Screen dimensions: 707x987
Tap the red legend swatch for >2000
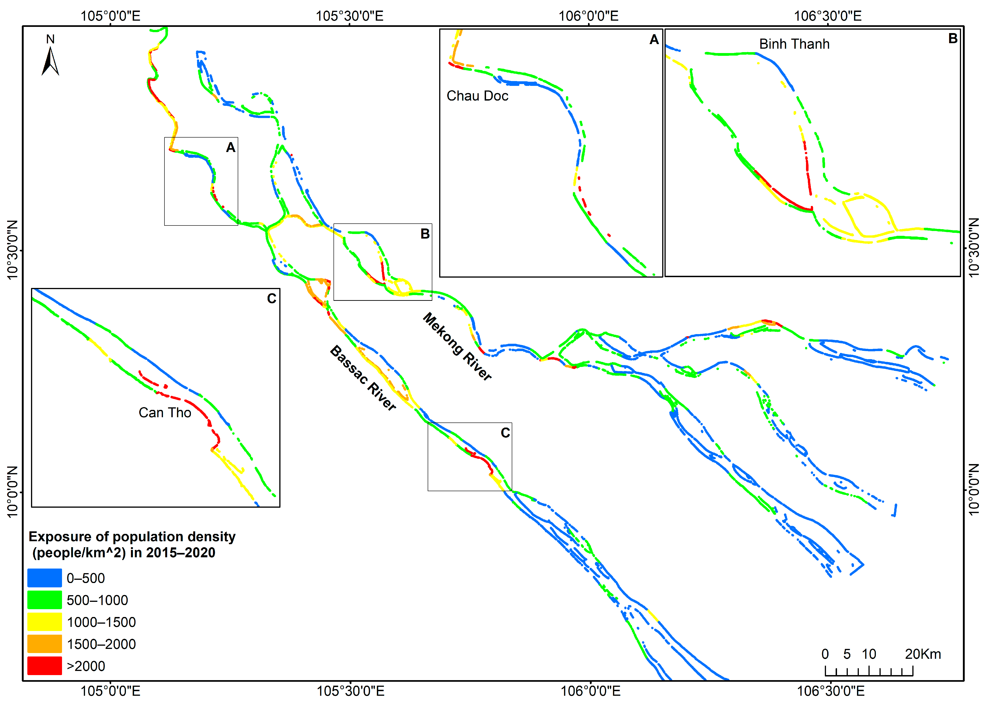click(x=44, y=666)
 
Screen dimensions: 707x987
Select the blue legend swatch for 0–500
click(x=44, y=578)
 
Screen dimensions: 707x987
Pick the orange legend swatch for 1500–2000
click(x=44, y=643)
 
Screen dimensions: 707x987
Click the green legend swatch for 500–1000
click(x=44, y=600)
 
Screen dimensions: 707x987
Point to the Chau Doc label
click(x=477, y=96)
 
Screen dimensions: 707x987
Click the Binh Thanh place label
click(x=794, y=44)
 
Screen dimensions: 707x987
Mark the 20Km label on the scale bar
click(x=923, y=654)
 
